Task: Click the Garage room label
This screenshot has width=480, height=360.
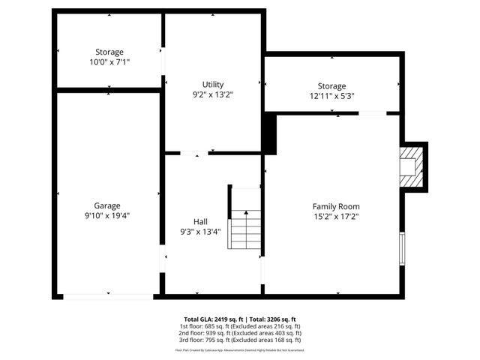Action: point(107,205)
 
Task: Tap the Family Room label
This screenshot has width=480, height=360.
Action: point(336,206)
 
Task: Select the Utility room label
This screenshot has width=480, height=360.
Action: point(213,84)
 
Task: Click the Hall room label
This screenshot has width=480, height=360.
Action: point(200,221)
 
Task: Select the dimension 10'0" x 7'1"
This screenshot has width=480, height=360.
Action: point(109,62)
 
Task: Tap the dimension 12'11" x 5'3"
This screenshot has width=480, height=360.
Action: point(331,96)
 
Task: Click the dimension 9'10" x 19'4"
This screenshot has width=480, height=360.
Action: point(107,216)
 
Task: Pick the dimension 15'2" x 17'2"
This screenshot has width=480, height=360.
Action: point(336,217)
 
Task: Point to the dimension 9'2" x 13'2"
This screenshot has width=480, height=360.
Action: point(213,94)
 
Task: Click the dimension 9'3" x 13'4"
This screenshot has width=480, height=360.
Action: point(200,232)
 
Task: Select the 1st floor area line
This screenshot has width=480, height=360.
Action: point(240,326)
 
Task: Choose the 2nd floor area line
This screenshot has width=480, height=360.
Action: point(240,333)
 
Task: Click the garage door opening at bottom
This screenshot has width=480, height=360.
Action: point(109,295)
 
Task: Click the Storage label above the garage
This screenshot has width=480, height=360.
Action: point(109,52)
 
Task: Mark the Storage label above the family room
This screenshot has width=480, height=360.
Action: point(331,86)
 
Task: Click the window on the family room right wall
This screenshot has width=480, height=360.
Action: point(403,248)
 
